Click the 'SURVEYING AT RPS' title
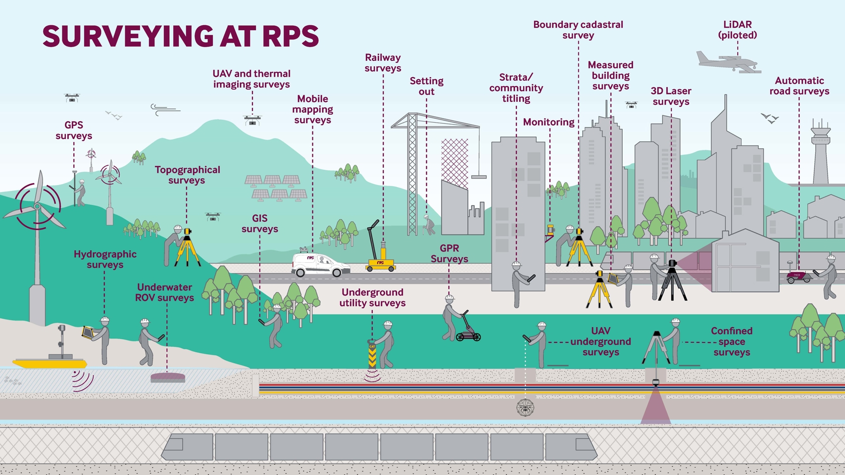pyautogui.click(x=181, y=37)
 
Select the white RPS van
pyautogui.click(x=320, y=265)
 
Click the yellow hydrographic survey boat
pyautogui.click(x=50, y=363)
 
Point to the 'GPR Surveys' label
pyautogui.click(x=449, y=253)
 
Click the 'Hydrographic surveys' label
pyautogui.click(x=105, y=259)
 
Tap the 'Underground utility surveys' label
pyautogui.click(x=372, y=297)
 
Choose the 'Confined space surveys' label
pyautogui.click(x=731, y=341)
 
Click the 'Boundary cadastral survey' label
pyautogui.click(x=578, y=30)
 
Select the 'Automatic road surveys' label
pyautogui.click(x=799, y=86)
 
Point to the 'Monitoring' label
pyautogui.click(x=548, y=122)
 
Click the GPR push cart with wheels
pyautogui.click(x=468, y=334)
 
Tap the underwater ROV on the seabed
pyautogui.click(x=168, y=378)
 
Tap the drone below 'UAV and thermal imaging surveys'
pyautogui.click(x=252, y=120)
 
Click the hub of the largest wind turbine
pyautogui.click(x=37, y=206)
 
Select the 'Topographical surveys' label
pyautogui.click(x=187, y=175)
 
